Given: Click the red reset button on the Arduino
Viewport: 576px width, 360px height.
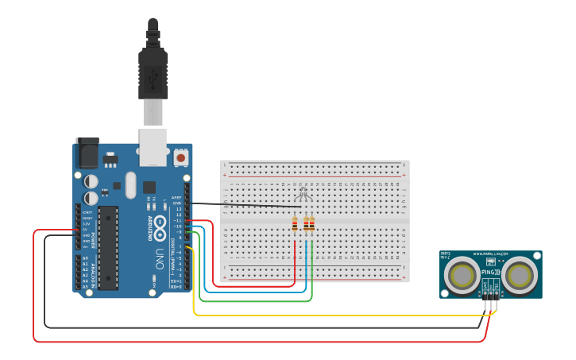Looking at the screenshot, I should [x=181, y=157].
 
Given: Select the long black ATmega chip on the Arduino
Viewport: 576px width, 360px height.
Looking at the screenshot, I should [x=108, y=247].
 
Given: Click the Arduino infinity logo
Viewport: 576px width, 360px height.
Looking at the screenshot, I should [x=160, y=223].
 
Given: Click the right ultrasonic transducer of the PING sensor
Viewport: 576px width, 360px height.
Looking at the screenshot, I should [x=521, y=275].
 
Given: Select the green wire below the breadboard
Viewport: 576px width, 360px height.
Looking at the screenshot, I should [x=254, y=301].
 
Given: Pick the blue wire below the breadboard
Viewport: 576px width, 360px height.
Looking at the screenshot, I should [x=254, y=292].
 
